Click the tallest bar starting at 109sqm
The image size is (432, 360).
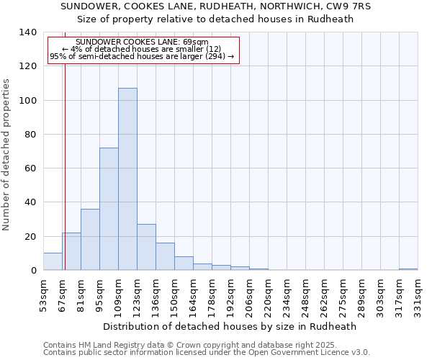click(127, 179)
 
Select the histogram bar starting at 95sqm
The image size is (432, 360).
click(109, 209)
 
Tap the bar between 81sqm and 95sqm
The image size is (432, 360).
click(90, 240)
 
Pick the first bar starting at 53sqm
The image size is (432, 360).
click(53, 262)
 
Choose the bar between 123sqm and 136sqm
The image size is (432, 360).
click(146, 247)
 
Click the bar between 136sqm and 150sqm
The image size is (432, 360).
click(165, 256)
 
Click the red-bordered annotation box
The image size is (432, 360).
click(142, 50)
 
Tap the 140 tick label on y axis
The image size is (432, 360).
click(28, 32)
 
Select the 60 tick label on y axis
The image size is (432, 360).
click(31, 168)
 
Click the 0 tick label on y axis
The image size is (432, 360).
click(34, 271)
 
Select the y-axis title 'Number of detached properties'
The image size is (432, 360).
click(6, 154)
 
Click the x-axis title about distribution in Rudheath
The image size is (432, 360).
click(230, 326)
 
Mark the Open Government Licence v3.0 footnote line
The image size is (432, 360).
click(207, 353)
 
